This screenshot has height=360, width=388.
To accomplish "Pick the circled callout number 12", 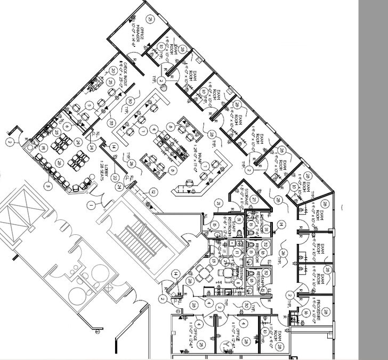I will click(152, 191).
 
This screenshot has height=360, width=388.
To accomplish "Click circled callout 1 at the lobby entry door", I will click(91, 204).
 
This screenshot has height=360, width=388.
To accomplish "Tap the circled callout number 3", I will click(48, 186).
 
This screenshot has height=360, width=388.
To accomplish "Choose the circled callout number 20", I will click(109, 83).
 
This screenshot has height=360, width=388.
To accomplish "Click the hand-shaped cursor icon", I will click(164, 86).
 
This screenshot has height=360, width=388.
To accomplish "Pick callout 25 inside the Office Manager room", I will click(150, 20).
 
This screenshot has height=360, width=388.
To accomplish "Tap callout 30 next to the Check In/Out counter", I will click(130, 101).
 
